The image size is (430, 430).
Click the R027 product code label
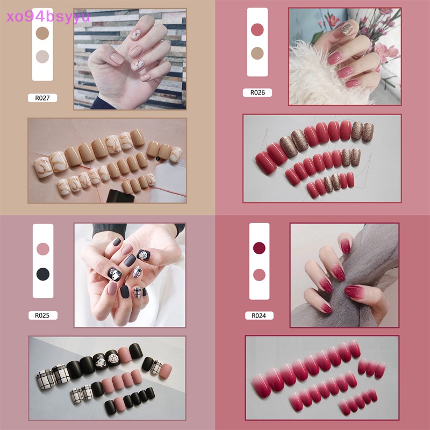click(42, 98)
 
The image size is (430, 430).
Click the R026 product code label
click(257, 92)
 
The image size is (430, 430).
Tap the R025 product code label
click(42, 316)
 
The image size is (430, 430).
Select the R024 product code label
click(257, 316)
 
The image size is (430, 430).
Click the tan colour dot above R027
click(42, 33)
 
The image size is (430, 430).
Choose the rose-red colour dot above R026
click(257, 29)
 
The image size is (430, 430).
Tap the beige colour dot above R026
click(257, 53)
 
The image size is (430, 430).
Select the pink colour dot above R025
click(42, 249)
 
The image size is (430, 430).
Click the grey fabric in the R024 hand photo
click(376, 269)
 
